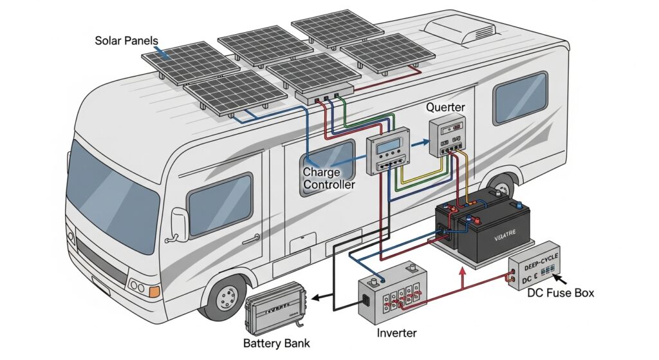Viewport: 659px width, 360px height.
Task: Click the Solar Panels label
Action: pos(127,40)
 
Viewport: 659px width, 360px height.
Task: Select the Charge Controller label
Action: pos(328,178)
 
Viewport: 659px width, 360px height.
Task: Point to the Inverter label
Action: pos(396,333)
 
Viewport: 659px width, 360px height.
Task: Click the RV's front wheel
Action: pos(225,299)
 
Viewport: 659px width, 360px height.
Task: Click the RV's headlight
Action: pos(136,285)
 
